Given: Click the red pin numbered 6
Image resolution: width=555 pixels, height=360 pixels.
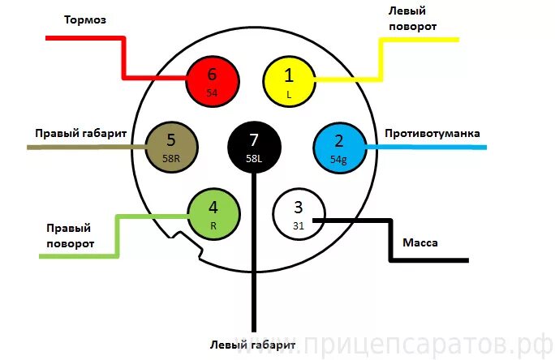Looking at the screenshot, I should click(x=213, y=79).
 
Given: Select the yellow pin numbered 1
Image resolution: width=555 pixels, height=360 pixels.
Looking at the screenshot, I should click(x=289, y=79).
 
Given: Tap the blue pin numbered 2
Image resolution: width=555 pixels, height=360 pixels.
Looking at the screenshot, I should click(x=339, y=146).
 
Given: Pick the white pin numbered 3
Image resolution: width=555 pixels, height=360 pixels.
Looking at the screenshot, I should click(x=298, y=214).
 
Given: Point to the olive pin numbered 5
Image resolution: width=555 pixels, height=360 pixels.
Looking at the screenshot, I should click(x=171, y=146).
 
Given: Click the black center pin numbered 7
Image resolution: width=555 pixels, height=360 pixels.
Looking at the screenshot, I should click(x=254, y=146).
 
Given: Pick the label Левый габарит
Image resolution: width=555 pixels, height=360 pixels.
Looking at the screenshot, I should click(x=252, y=345).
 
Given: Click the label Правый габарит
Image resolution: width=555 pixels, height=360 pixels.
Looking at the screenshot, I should click(x=79, y=132).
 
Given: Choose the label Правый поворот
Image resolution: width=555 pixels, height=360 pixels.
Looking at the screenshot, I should click(x=69, y=235).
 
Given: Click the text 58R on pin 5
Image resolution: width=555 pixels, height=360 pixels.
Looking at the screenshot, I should click(x=171, y=159).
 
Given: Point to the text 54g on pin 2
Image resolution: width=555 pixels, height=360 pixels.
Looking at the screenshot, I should click(x=339, y=160).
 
